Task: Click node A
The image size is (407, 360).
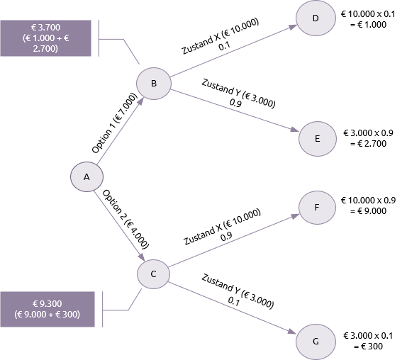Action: point(87,176)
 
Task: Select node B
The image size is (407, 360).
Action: point(154,83)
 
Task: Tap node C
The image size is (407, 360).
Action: point(153,274)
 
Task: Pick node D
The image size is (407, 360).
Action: point(316,18)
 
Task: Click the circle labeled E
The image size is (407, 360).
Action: point(318,139)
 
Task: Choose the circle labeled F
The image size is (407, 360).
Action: point(317,208)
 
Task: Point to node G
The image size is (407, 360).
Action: point(316,342)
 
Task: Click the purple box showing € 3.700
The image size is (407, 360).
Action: point(45,38)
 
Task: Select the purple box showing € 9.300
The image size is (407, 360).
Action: point(48,309)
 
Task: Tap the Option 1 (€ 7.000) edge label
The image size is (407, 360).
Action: point(114,123)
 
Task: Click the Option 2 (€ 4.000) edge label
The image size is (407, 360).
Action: point(126,219)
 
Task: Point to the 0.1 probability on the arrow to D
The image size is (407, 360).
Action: point(224,47)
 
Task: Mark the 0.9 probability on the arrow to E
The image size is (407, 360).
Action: point(235,103)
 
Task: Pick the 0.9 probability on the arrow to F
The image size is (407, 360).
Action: point(226,237)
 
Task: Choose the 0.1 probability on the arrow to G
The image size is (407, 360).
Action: point(233,301)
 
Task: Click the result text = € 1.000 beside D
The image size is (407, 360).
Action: point(368,25)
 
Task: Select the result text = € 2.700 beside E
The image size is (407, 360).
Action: point(368,143)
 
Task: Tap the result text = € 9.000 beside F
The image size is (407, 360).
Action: point(368,211)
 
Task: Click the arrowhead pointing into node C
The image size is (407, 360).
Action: point(141,257)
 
